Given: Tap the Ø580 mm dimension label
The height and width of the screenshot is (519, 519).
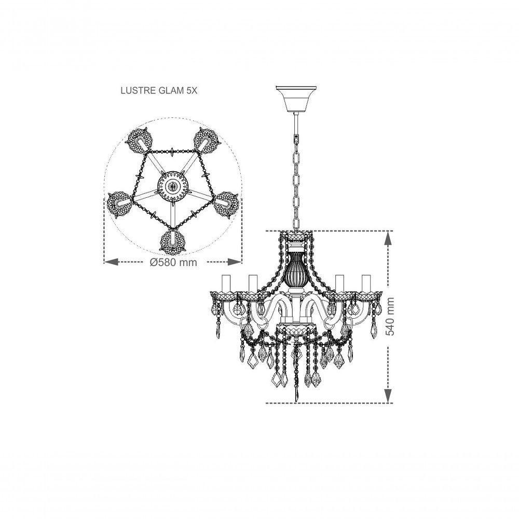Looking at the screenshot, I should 173,263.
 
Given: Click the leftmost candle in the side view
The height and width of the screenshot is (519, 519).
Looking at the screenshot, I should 226,283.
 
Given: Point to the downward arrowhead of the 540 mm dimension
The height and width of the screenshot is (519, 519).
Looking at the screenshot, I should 387,395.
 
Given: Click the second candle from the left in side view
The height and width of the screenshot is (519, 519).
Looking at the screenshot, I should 253,283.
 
